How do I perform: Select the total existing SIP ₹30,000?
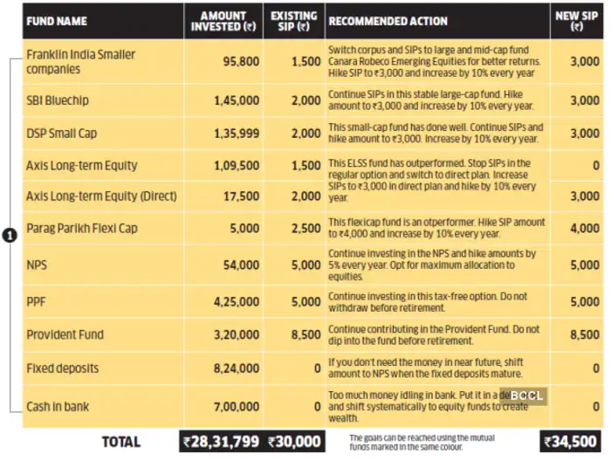[294, 442]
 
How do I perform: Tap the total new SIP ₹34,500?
[572, 442]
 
